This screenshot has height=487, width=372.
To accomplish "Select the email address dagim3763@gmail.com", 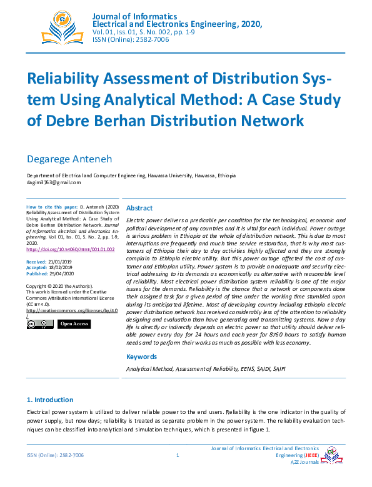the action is [54, 182].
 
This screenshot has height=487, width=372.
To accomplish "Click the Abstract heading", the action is [139, 208].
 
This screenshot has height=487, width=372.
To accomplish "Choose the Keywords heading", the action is [142, 357].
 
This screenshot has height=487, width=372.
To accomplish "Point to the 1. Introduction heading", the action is [50, 400].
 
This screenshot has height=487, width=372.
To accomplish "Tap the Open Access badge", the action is [74, 324].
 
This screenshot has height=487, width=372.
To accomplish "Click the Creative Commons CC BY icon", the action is [40, 324].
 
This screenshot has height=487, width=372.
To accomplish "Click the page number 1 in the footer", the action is [178, 456].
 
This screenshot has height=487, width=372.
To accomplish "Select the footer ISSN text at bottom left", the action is [55, 456].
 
